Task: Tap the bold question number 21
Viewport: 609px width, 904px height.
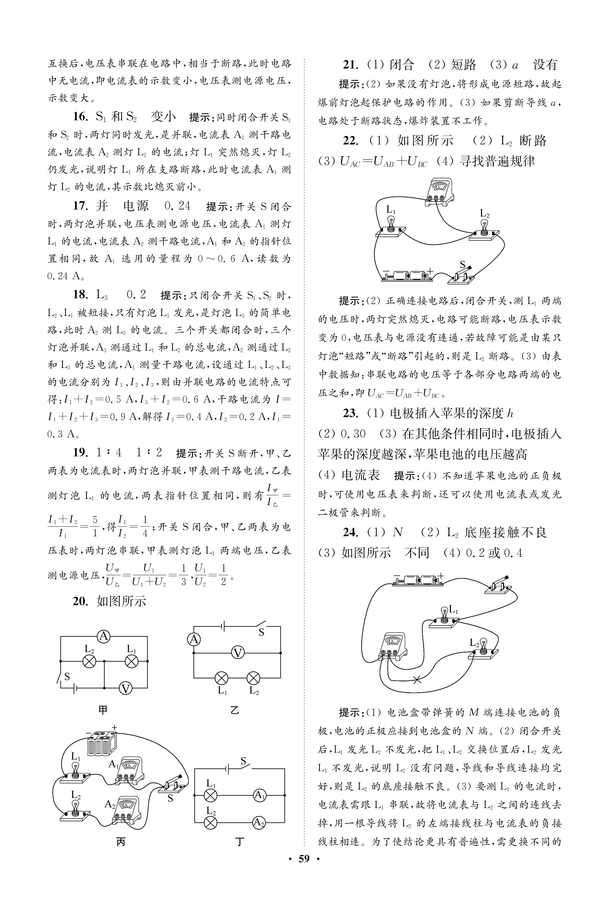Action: click(350, 64)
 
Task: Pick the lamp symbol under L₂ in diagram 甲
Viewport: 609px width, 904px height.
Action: click(90, 661)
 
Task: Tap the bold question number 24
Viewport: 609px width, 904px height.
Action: click(350, 532)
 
